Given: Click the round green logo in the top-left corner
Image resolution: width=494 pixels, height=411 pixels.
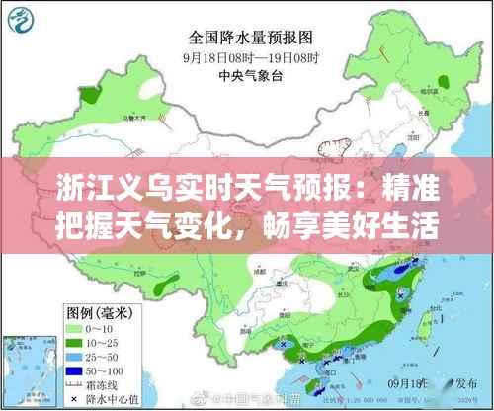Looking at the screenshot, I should coord(23,22).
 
